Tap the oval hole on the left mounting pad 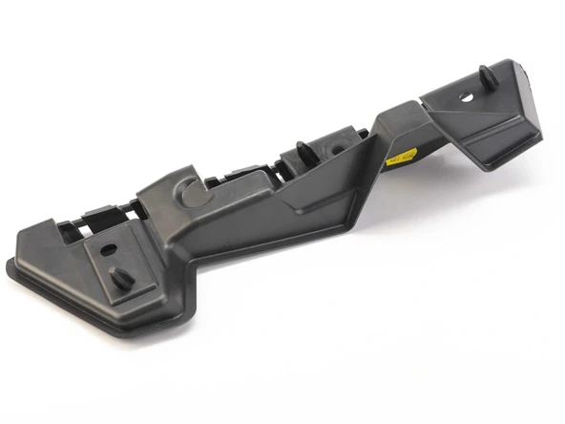(x=109, y=248)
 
